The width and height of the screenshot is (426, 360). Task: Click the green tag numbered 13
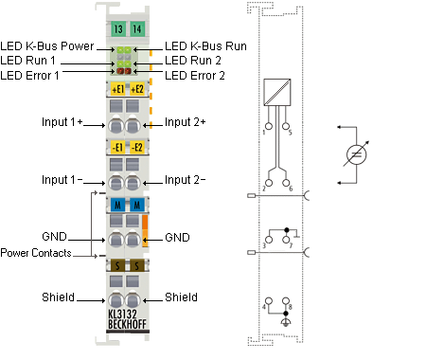tap(118, 29)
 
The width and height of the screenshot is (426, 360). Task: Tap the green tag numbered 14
tap(137, 29)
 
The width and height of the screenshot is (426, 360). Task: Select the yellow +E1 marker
tap(118, 89)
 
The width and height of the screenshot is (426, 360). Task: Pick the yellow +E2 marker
tap(137, 89)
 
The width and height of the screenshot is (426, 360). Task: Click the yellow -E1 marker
tap(118, 147)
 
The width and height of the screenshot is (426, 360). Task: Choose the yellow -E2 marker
tap(137, 147)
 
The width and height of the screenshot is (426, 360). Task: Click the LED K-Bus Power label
tap(47, 46)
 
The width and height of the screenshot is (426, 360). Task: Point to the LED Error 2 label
tap(195, 76)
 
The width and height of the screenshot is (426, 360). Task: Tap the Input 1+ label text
tap(62, 122)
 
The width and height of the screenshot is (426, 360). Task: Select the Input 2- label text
tap(186, 180)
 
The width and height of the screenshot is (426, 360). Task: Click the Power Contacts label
tap(36, 253)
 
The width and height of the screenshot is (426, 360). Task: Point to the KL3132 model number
tap(123, 314)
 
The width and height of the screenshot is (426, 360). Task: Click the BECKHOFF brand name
tap(127, 324)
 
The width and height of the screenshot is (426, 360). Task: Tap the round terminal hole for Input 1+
tap(115, 126)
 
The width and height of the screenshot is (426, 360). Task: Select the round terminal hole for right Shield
tap(133, 300)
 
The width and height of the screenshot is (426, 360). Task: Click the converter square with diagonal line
tap(277, 92)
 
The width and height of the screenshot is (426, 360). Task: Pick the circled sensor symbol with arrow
tap(356, 154)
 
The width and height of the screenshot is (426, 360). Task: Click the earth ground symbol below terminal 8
tap(286, 323)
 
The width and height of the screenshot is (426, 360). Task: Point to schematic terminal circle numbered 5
tap(286, 126)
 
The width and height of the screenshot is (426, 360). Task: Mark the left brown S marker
tap(118, 265)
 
